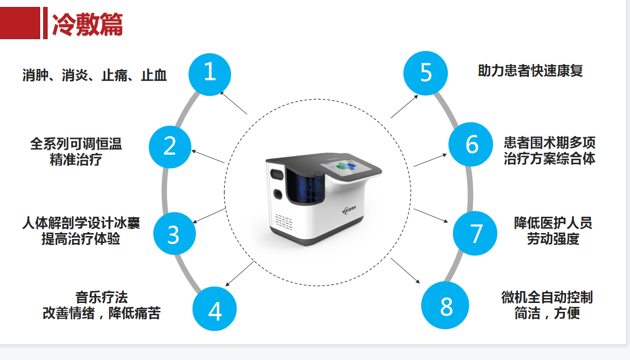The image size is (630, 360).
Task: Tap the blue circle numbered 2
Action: click(170, 147)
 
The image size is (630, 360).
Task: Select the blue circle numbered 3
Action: click(173, 234)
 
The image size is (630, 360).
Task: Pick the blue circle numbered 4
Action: click(214, 310)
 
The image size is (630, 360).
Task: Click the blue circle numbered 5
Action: click(426, 73)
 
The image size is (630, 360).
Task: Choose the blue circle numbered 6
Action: click(471, 145)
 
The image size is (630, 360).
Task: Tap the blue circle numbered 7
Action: click(475, 233)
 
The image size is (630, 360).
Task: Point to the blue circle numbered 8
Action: click(445, 306)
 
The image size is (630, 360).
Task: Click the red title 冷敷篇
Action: click(87, 24)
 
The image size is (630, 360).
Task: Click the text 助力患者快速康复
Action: click(530, 71)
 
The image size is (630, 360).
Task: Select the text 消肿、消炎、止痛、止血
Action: click(95, 75)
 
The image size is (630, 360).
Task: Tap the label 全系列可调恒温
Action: click(76, 144)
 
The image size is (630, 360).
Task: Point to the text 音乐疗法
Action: click(101, 298)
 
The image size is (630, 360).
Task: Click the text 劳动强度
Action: click(553, 239)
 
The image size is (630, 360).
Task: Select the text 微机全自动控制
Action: click(547, 298)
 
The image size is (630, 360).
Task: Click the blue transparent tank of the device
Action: click(304, 187)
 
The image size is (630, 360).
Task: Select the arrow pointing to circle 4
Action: click(240, 274)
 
